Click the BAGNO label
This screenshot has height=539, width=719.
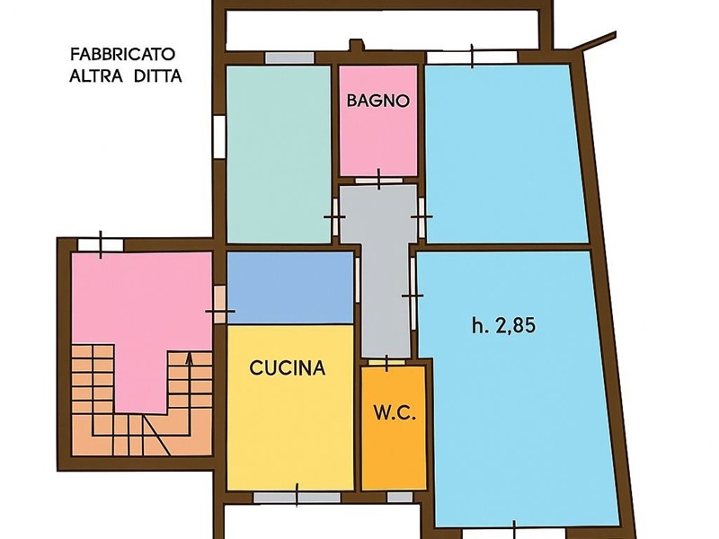pos(378,102)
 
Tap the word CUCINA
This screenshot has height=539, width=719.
pos(288,367)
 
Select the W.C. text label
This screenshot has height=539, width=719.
pos(392,414)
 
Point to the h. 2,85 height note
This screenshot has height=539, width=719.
pos(503,326)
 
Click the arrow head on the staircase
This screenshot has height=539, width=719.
pos(189,357)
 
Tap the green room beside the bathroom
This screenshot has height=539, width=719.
pos(279,153)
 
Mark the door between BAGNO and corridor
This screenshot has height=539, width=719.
pos(378,180)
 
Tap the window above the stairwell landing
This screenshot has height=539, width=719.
pos(101,244)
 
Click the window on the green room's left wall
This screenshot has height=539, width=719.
pos(218,136)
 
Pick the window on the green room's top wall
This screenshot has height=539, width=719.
pos(289,57)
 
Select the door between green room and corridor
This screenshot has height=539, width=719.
pos(335,217)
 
